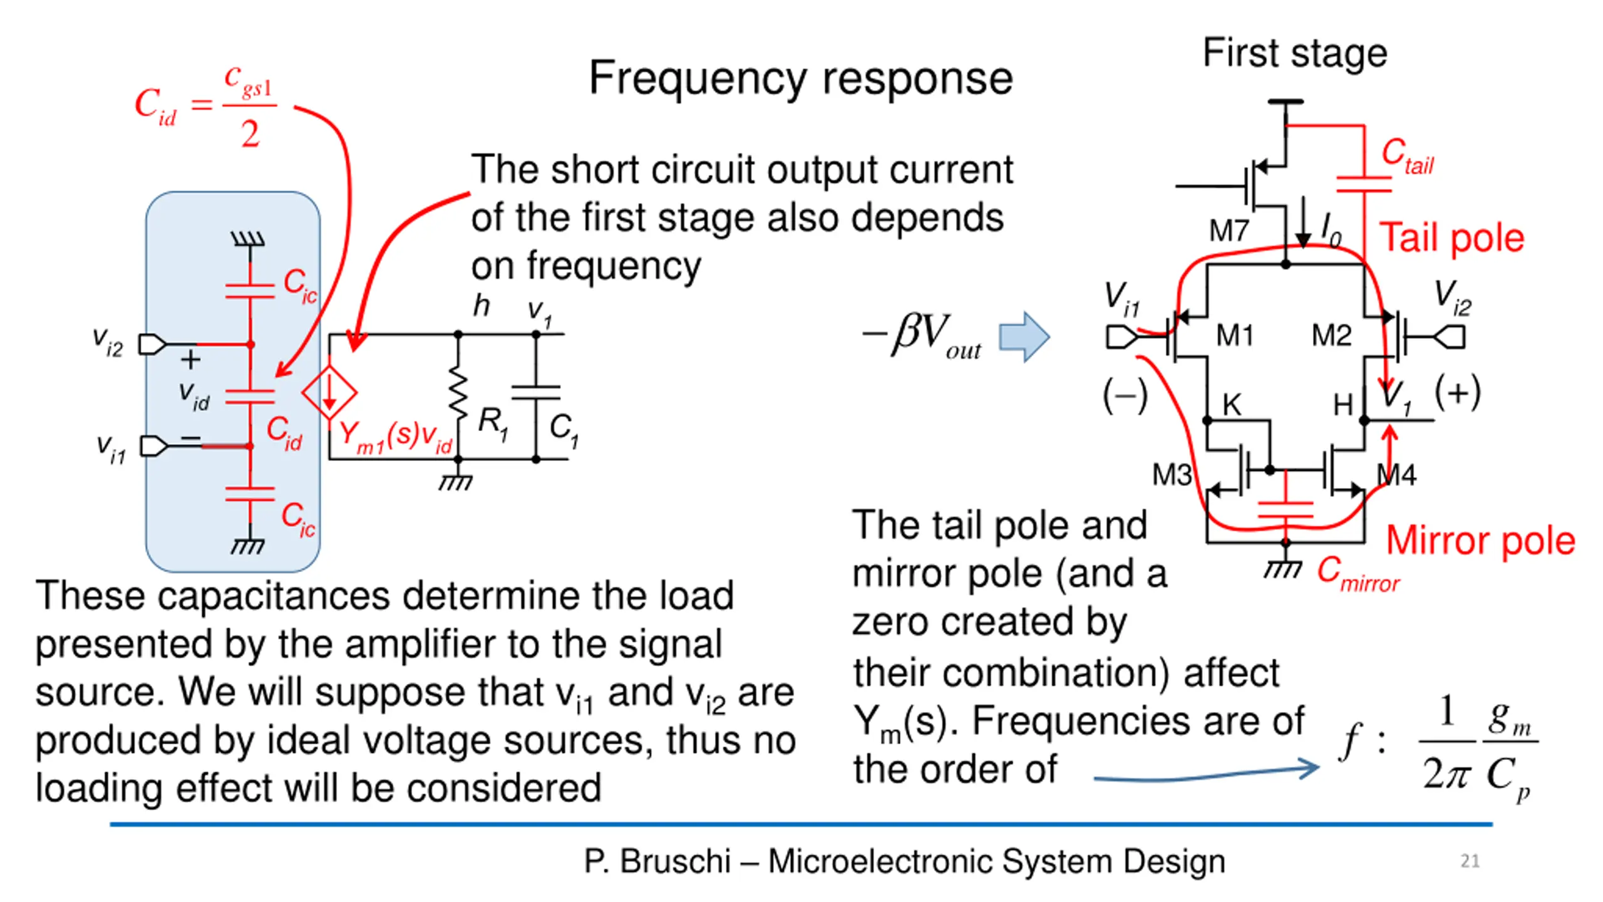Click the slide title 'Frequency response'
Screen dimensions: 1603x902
pyautogui.click(x=801, y=80)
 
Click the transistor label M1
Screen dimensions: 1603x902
pyautogui.click(x=1234, y=335)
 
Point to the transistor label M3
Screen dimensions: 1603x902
pyautogui.click(x=1172, y=474)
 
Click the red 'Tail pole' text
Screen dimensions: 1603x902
pyautogui.click(x=1451, y=238)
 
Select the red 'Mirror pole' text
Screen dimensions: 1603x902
pyautogui.click(x=1480, y=540)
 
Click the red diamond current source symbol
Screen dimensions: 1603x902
pyautogui.click(x=329, y=393)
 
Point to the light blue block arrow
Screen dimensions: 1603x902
pyautogui.click(x=1024, y=336)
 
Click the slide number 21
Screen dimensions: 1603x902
pyautogui.click(x=1470, y=861)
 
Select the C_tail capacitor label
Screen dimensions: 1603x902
pyautogui.click(x=1407, y=155)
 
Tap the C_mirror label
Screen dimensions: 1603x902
pyautogui.click(x=1358, y=574)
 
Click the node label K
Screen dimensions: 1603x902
pyautogui.click(x=1232, y=405)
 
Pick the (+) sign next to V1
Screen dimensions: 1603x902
pyautogui.click(x=1458, y=393)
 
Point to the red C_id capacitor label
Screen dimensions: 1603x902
pyautogui.click(x=284, y=432)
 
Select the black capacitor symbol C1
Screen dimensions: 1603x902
pyautogui.click(x=536, y=393)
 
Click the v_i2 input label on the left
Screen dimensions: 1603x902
pyautogui.click(x=108, y=342)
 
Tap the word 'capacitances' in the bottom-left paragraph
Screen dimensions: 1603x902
pyautogui.click(x=273, y=596)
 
